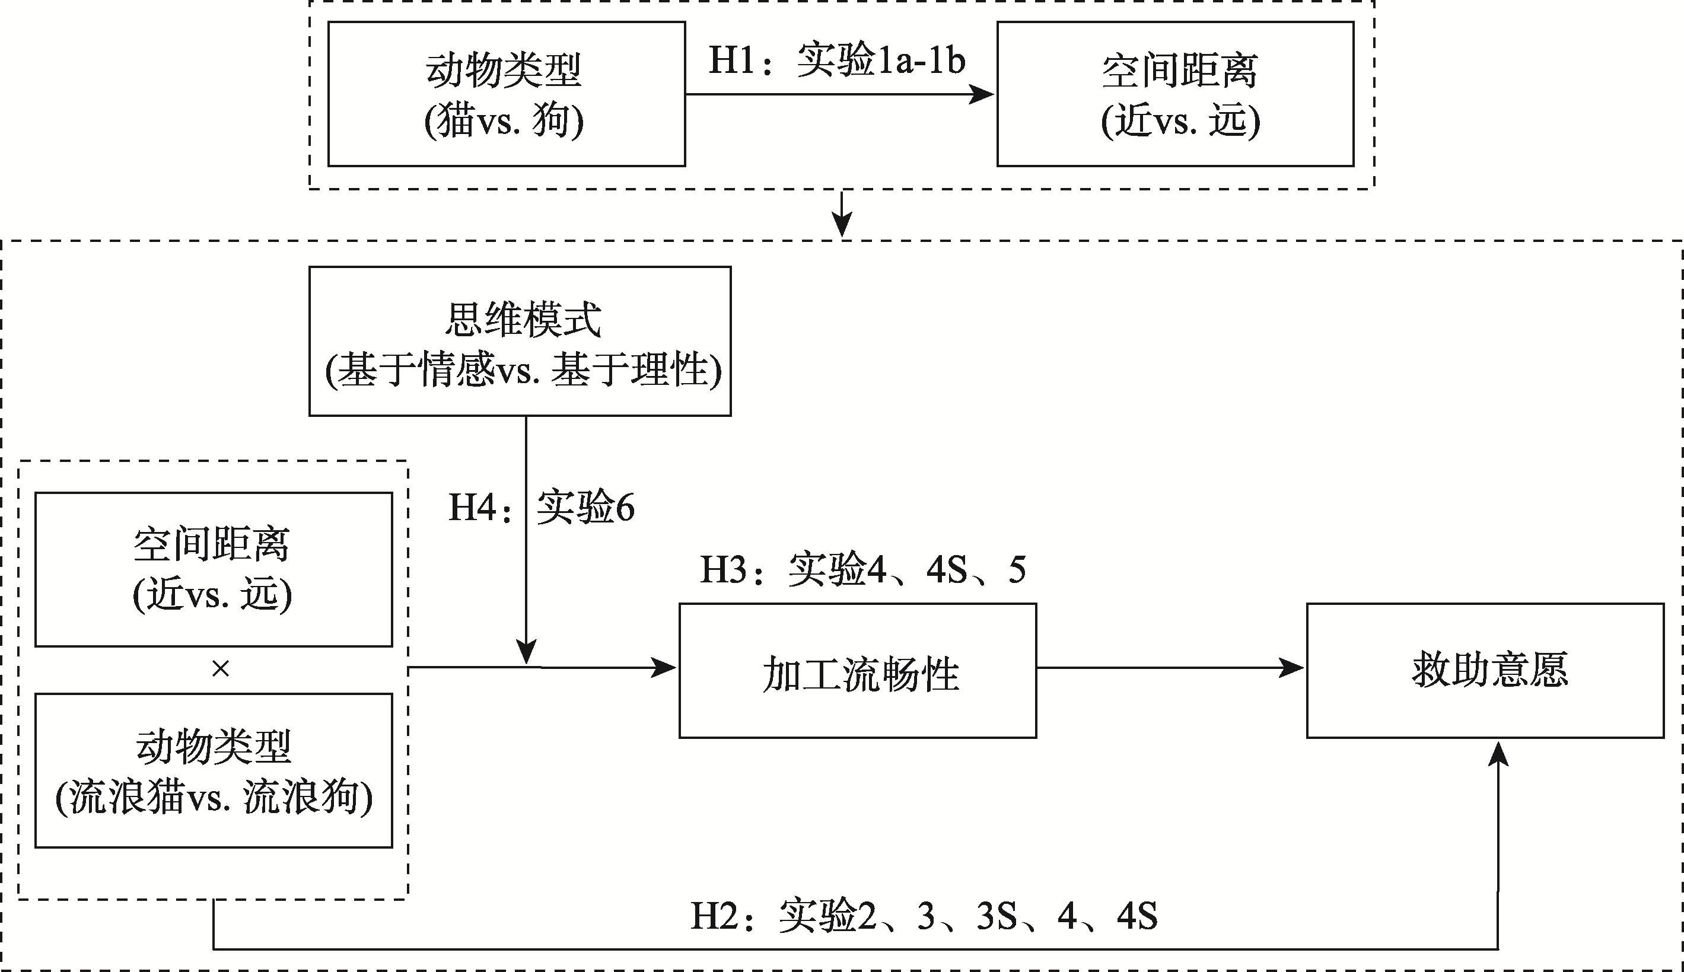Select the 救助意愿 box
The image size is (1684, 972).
(x=1485, y=670)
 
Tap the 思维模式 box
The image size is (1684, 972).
(x=520, y=341)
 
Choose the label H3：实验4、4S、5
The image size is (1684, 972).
(x=862, y=569)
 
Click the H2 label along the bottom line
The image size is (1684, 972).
(x=924, y=915)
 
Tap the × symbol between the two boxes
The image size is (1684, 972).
(x=220, y=669)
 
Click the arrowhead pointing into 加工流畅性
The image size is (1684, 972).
(x=664, y=668)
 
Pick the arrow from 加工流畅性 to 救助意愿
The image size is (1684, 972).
(x=1169, y=668)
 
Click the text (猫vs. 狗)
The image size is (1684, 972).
(x=504, y=122)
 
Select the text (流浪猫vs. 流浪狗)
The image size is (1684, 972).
(x=214, y=797)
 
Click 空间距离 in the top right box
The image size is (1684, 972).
(x=1179, y=71)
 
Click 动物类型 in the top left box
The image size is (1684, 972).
(x=504, y=71)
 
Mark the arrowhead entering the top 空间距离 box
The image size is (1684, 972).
(x=982, y=94)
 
